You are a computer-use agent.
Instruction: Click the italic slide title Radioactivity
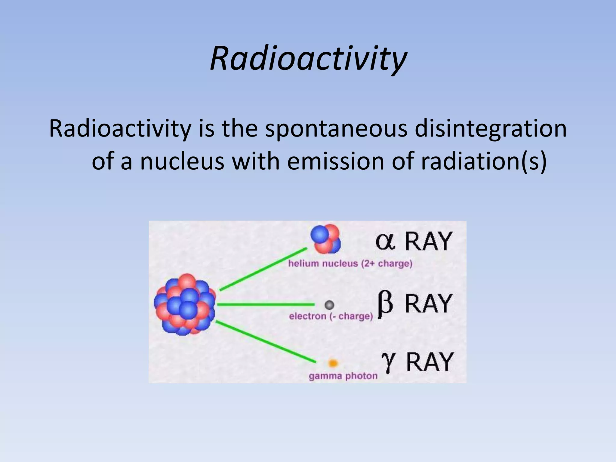coord(308,59)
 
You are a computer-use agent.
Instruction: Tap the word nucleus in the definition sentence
coord(182,162)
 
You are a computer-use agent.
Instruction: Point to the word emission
coord(336,162)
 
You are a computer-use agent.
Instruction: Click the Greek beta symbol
coord(385,304)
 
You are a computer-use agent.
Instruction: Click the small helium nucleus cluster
coord(325,239)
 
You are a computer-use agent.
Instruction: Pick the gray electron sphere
coord(329,305)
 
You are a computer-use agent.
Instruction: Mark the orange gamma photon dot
coord(332,363)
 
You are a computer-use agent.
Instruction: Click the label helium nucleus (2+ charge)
coord(350,264)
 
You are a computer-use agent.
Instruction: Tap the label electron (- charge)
coord(331,316)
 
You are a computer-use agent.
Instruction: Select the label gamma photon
coord(343,376)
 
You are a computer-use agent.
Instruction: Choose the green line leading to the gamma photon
coord(266,341)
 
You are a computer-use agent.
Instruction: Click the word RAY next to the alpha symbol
coord(428,241)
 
